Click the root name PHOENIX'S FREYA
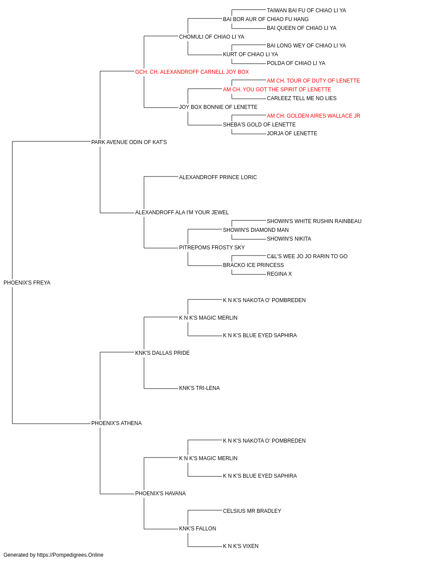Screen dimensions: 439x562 (x=27, y=283)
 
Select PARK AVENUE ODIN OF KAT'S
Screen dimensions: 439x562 (x=129, y=142)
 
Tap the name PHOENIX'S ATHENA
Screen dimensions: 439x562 (x=116, y=423)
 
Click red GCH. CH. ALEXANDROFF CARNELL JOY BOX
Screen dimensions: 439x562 (x=192, y=72)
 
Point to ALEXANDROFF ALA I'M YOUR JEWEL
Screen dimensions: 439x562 (x=182, y=213)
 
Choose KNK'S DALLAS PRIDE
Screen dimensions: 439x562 (x=162, y=353)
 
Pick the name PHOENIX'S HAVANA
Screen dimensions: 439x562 (x=160, y=493)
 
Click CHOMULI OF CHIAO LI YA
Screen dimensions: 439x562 (x=212, y=37)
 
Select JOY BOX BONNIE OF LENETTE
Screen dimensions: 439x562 (x=218, y=107)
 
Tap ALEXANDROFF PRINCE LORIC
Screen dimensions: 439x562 (x=218, y=177)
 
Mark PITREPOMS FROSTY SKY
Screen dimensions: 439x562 (x=212, y=248)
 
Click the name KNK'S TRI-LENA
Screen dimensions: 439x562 (x=199, y=388)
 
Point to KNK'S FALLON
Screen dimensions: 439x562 (x=198, y=528)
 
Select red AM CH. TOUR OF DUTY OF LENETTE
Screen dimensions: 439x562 (x=313, y=81)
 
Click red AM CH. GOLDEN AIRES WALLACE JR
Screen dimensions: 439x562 (x=313, y=116)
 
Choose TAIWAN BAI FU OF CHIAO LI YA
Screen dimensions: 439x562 (x=306, y=11)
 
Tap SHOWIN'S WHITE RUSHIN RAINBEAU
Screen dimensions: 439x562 (x=314, y=221)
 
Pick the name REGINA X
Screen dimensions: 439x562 (x=279, y=274)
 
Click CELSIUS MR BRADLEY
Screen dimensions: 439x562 (x=252, y=511)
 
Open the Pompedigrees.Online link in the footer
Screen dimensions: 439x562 (x=70, y=555)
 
